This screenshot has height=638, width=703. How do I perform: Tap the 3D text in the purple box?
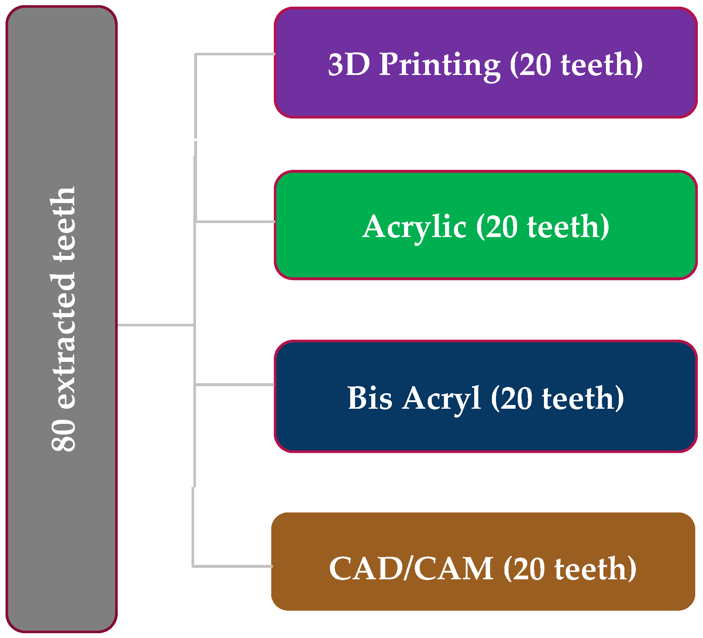coord(349,65)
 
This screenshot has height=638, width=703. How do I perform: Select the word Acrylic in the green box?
coord(414,227)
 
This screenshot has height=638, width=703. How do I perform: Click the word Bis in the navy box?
coord(370,398)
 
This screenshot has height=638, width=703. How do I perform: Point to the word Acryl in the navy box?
coord(442,399)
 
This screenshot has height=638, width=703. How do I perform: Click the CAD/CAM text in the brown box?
coord(411,569)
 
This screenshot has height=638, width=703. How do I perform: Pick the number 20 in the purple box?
coord(535,65)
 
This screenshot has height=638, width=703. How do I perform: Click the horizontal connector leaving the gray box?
coord(155,325)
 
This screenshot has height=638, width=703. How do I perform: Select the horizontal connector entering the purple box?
coord(235,55)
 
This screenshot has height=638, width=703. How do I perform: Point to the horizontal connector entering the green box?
coord(235,222)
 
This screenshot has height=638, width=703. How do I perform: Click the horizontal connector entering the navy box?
coord(235,385)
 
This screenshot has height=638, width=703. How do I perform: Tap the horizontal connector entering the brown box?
coord(232,566)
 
